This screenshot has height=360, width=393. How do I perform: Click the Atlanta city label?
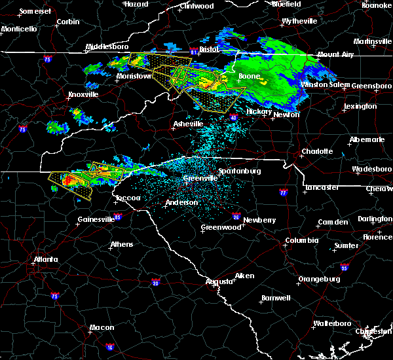(x=45, y=259)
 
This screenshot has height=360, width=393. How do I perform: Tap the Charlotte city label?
(x=317, y=152)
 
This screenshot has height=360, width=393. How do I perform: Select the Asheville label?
(x=189, y=124)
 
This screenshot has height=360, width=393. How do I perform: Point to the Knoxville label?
(x=83, y=94)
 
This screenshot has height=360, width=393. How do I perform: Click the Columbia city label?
(x=302, y=241)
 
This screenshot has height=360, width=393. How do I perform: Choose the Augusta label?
(x=220, y=281)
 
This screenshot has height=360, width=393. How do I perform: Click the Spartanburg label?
(x=240, y=171)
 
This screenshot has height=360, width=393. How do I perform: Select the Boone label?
(x=249, y=77)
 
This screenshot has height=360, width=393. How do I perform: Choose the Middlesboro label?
(x=107, y=47)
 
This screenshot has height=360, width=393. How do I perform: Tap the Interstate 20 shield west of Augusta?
(x=155, y=282)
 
